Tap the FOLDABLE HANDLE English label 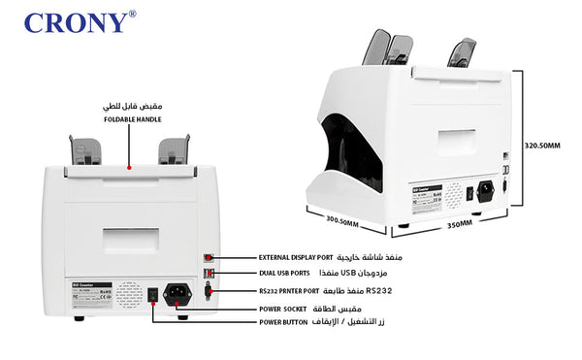click(131, 117)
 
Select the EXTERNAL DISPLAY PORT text click(296, 258)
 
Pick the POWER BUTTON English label click(283, 320)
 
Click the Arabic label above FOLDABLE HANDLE click(131, 103)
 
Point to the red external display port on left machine click(209, 257)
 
